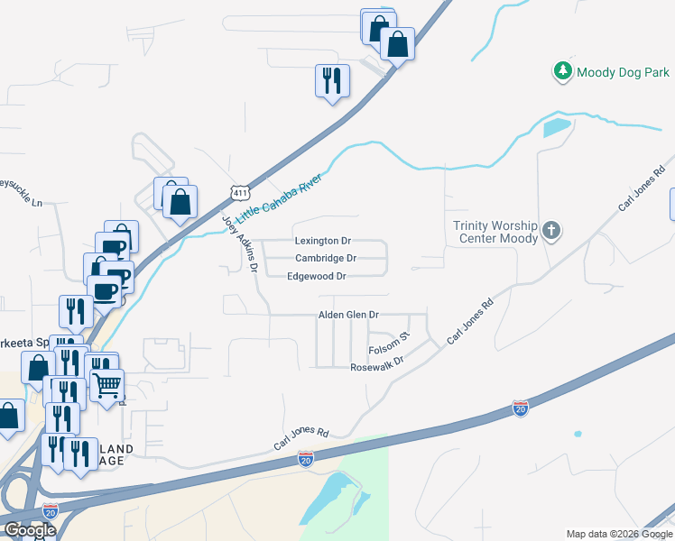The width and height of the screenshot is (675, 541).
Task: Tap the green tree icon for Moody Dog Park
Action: coord(563,70)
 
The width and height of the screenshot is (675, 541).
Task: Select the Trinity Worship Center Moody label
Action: coord(495,232)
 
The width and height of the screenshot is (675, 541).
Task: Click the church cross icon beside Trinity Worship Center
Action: coord(552,232)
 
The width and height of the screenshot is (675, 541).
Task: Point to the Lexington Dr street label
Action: coord(322,242)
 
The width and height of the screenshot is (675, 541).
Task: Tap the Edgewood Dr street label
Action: coord(316,277)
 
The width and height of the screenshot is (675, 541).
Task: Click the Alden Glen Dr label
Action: coord(347,315)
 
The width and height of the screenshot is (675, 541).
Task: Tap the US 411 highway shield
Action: coord(239,193)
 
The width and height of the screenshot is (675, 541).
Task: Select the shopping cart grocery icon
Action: coord(106,386)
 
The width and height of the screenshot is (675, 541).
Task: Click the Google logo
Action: coord(30,530)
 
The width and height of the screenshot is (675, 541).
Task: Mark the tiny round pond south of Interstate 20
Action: coord(578,435)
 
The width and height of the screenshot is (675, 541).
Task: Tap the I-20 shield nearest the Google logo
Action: coord(51,511)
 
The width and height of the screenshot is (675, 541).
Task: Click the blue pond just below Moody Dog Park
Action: coord(557,127)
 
